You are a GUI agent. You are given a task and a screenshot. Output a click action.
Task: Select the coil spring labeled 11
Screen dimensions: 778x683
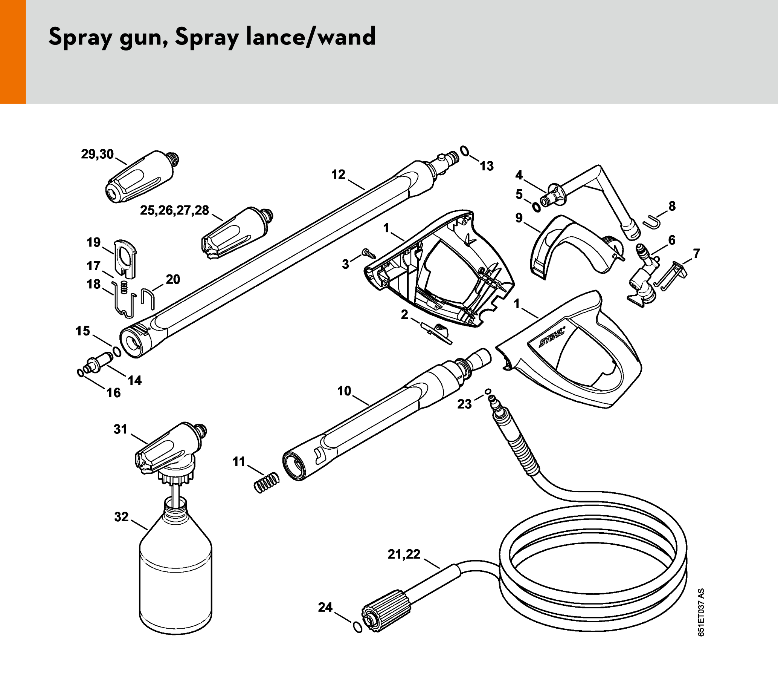[266, 483]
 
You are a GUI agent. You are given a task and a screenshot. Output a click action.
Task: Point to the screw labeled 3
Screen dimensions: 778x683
[368, 253]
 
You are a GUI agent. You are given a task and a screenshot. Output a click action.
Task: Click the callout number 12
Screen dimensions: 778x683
[338, 175]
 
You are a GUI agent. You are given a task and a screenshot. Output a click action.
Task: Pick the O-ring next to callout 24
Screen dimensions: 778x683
[357, 627]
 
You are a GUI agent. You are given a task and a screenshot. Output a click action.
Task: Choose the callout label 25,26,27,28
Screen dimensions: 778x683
[175, 210]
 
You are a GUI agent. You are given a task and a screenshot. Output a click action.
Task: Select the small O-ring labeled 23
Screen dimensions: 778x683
[488, 391]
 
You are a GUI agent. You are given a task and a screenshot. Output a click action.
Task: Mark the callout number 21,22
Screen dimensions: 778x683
[404, 554]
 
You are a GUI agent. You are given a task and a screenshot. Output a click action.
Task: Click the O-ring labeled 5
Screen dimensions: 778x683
[536, 207]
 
